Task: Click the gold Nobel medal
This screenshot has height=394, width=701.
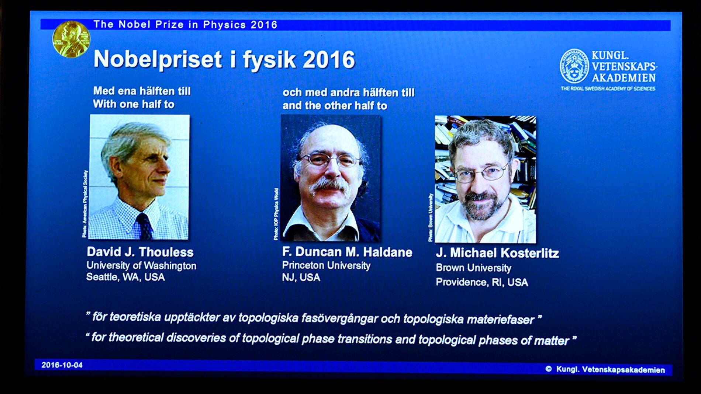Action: tap(71, 39)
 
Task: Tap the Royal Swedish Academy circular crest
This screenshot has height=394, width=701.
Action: tap(574, 66)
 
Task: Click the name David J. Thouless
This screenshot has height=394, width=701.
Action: tap(140, 252)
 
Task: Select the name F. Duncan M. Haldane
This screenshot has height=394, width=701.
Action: tap(347, 252)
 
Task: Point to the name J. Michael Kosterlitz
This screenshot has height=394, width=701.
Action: tap(497, 253)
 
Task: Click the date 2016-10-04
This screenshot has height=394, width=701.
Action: tap(62, 365)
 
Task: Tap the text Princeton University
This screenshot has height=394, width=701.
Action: tap(326, 265)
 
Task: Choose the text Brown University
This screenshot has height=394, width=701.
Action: tap(473, 268)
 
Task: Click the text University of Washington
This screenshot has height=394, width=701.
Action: tap(141, 266)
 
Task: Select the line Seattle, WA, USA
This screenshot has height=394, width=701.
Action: tap(125, 277)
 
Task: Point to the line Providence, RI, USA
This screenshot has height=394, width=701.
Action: tap(482, 282)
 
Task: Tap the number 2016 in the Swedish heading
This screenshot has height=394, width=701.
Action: tap(329, 60)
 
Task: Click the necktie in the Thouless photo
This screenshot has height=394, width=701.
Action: tap(144, 226)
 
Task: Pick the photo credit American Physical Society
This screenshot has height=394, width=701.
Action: tap(85, 204)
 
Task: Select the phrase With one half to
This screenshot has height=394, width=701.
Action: tap(134, 104)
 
